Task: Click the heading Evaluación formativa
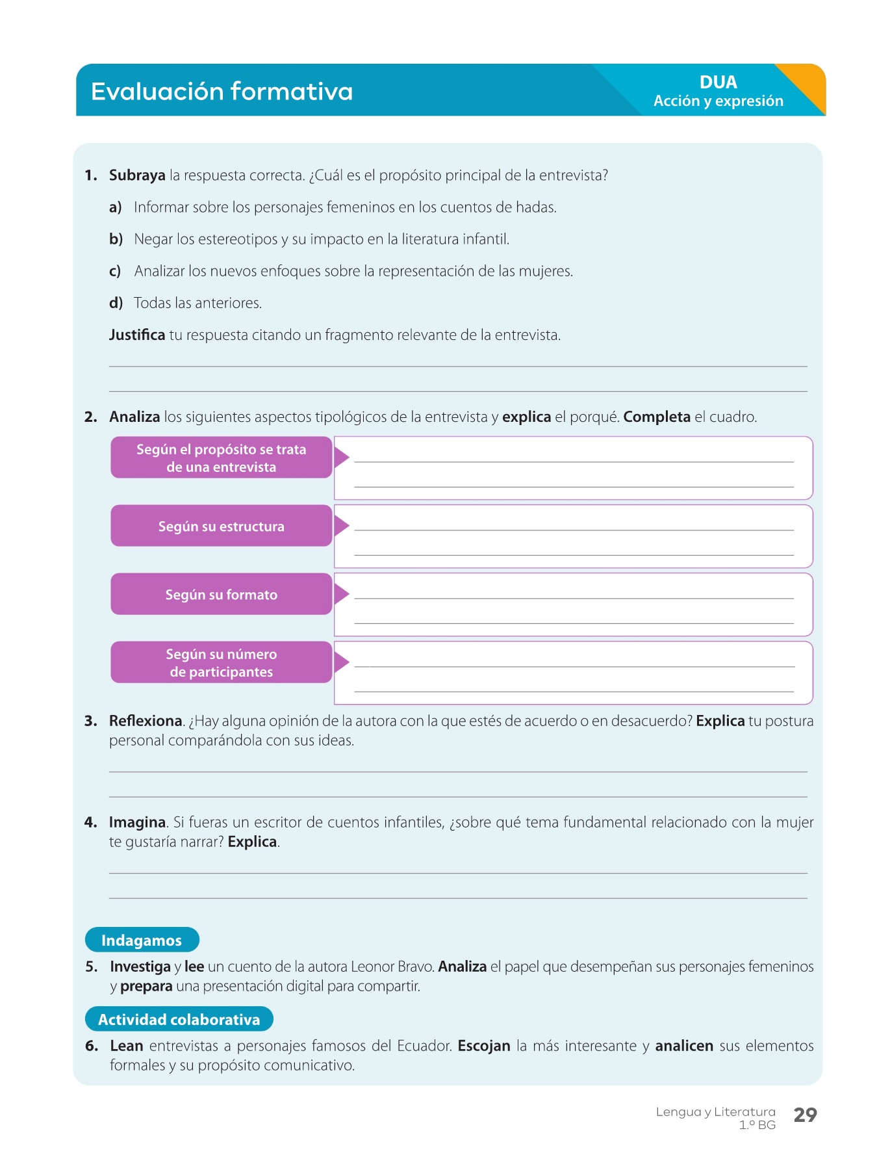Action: [x=222, y=92]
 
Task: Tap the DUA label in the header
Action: [x=718, y=83]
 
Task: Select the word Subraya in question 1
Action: [x=137, y=175]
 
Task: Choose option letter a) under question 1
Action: [x=116, y=207]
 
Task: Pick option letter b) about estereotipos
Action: [x=116, y=239]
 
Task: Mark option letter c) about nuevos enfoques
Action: [x=115, y=271]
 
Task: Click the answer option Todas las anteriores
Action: [x=197, y=303]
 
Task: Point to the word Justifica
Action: [x=137, y=335]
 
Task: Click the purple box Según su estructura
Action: [x=221, y=526]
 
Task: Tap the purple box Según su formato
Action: [x=221, y=594]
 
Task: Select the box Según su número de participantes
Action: [x=221, y=662]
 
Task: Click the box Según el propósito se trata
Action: [x=221, y=458]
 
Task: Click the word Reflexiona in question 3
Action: [x=146, y=721]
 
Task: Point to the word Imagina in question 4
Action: [x=137, y=822]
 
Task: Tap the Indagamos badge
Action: [x=142, y=940]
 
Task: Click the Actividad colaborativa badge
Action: [x=179, y=1019]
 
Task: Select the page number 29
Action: [x=805, y=1115]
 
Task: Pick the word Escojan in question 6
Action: [x=484, y=1046]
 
